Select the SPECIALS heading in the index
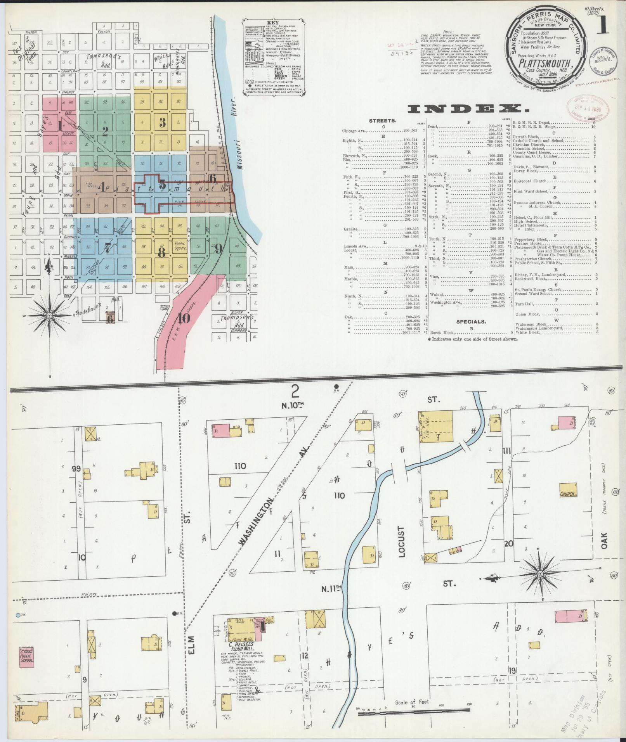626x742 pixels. point(471,322)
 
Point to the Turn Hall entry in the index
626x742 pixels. point(524,304)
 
